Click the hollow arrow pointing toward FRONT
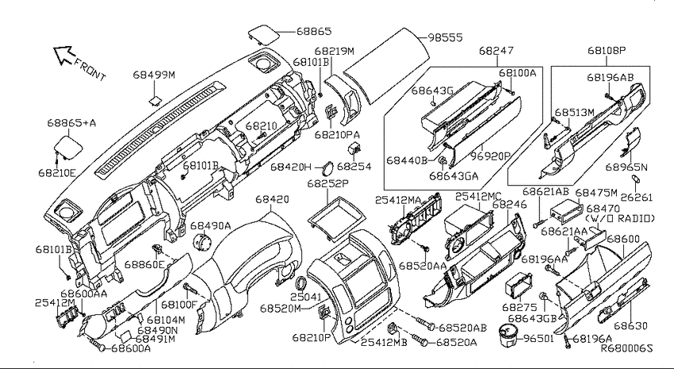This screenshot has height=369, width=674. (x=63, y=55)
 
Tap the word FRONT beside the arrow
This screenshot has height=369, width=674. (x=90, y=69)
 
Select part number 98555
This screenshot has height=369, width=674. (x=445, y=37)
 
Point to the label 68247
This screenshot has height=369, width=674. (x=496, y=51)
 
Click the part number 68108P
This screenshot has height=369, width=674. (x=607, y=51)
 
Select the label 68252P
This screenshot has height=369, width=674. (x=328, y=183)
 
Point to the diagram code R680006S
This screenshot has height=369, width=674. (x=626, y=348)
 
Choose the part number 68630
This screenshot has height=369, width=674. (x=630, y=326)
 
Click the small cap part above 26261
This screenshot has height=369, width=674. (x=636, y=179)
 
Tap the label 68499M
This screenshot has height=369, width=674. (x=154, y=75)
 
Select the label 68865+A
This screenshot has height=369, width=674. (x=71, y=123)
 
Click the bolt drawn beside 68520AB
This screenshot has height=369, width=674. (x=426, y=324)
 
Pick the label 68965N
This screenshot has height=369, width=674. (x=626, y=167)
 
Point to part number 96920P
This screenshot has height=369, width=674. (x=490, y=156)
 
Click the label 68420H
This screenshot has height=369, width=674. (x=290, y=167)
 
